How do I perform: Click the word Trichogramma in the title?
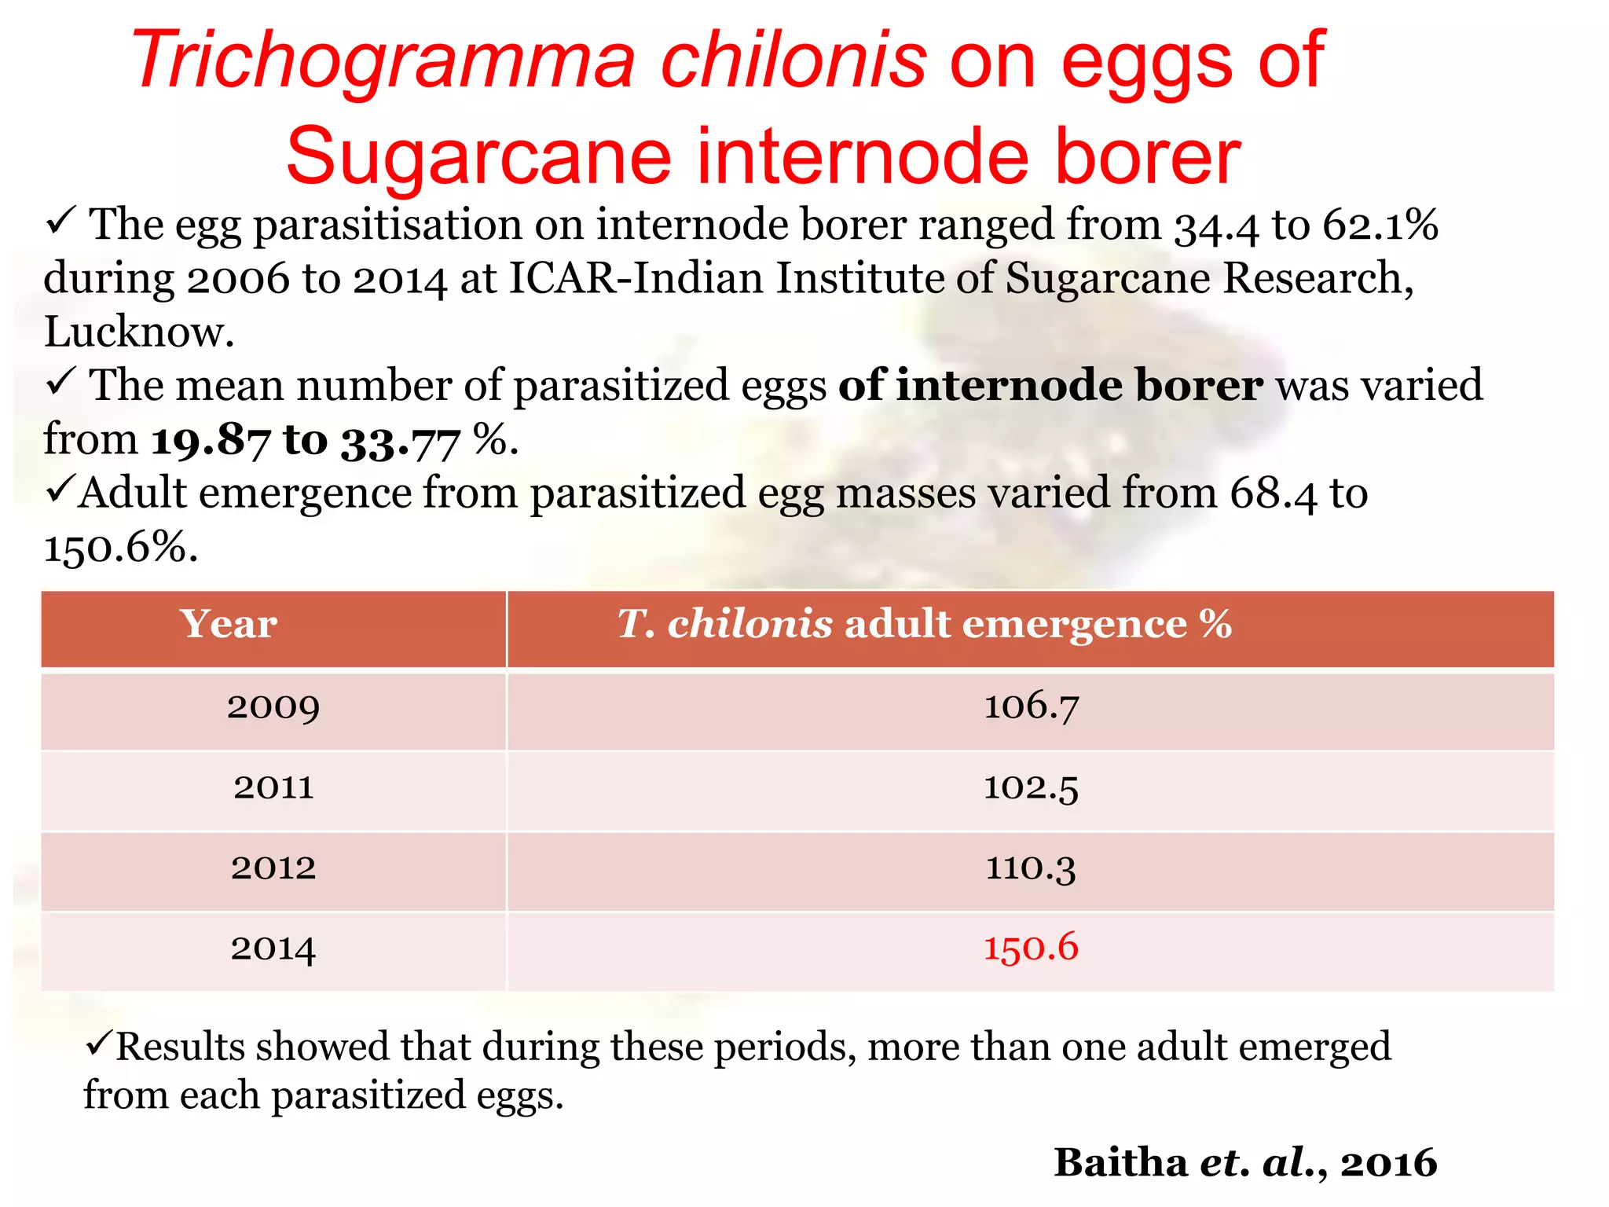coord(383,61)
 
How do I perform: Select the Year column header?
coord(228,625)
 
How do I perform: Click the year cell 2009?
coord(273,707)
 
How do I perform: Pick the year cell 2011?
coord(273,787)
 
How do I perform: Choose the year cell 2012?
coord(273,868)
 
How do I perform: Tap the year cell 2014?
coord(273,948)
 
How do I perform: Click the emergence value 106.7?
coord(1031,706)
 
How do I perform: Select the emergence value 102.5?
coord(1031,787)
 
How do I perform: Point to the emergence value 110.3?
coord(1031,868)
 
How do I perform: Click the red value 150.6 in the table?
coord(1031,948)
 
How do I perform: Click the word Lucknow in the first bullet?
coord(138,332)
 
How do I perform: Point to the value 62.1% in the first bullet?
coord(1380,226)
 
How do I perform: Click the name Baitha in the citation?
coord(1120,1162)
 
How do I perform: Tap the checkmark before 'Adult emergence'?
coord(60,490)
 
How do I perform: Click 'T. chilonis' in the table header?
coord(724,625)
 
